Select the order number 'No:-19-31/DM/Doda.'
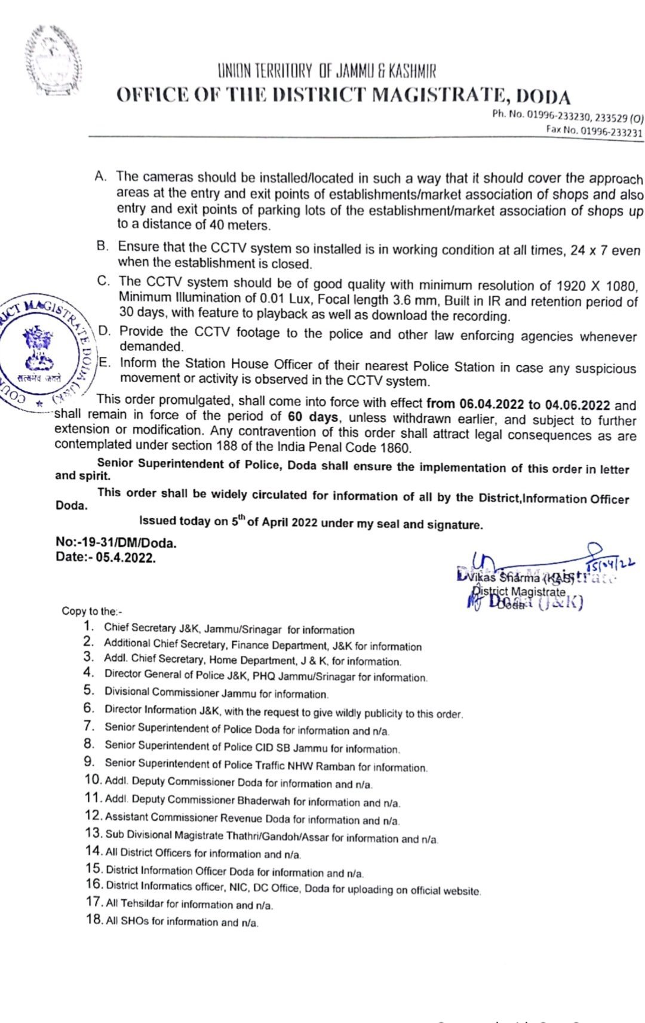point(116,542)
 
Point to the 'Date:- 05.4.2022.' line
point(106,557)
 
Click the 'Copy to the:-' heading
point(92,611)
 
